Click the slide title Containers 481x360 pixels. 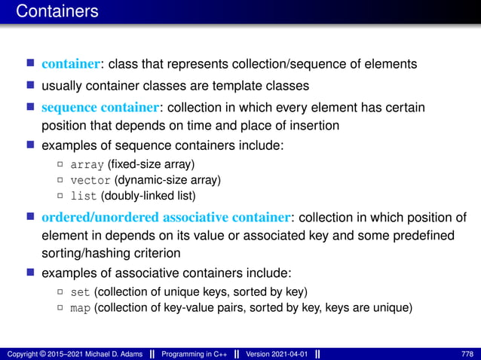pos(57,11)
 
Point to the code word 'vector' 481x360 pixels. pos(90,181)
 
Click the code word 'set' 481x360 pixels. pos(80,291)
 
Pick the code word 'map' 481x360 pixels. pos(80,307)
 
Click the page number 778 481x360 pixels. pos(467,353)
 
